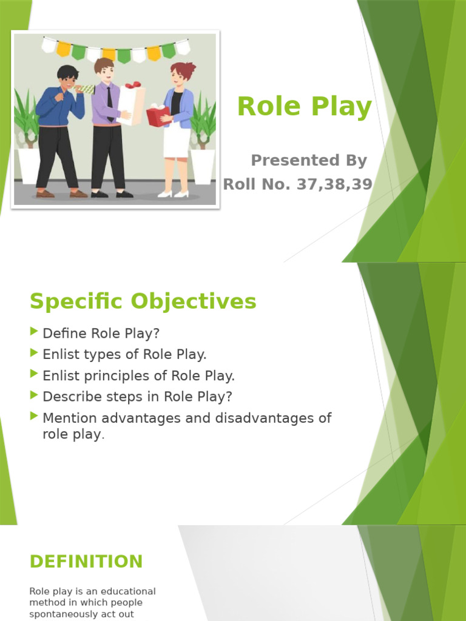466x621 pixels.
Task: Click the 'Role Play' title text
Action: pos(304,107)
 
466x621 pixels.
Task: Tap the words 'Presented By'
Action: pos(309,161)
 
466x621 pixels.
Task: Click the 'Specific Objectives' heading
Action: pos(143,301)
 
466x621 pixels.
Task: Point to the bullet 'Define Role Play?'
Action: pos(101,334)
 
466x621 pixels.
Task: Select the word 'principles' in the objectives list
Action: pos(113,376)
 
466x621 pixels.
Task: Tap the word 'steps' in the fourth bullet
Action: pos(130,397)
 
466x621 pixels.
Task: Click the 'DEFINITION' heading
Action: pos(86,562)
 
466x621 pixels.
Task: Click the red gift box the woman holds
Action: pos(157,116)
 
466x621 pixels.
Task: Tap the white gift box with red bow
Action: pos(130,103)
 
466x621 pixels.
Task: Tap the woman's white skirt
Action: pos(177,140)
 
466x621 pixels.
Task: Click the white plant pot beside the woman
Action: pos(202,166)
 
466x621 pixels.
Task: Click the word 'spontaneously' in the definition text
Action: pos(59,614)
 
